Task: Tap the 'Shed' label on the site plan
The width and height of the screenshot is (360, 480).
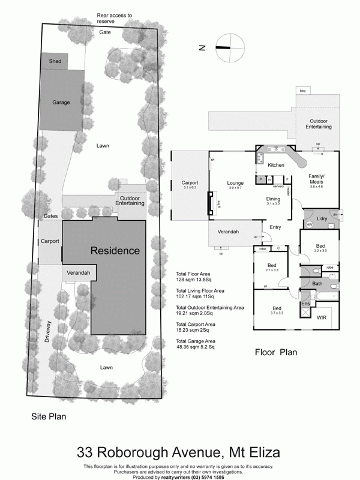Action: point(55,61)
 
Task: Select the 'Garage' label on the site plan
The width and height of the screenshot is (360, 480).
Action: point(61,103)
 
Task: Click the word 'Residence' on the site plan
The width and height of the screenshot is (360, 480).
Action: point(115,250)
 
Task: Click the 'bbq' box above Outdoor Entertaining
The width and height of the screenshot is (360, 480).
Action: point(302,90)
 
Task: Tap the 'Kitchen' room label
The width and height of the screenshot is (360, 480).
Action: point(276,165)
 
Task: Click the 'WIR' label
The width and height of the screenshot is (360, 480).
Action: point(322,317)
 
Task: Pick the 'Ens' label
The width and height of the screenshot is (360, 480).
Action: point(305,304)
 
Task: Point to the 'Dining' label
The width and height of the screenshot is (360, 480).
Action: point(273,199)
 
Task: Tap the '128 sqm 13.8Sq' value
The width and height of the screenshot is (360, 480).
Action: point(196,279)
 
